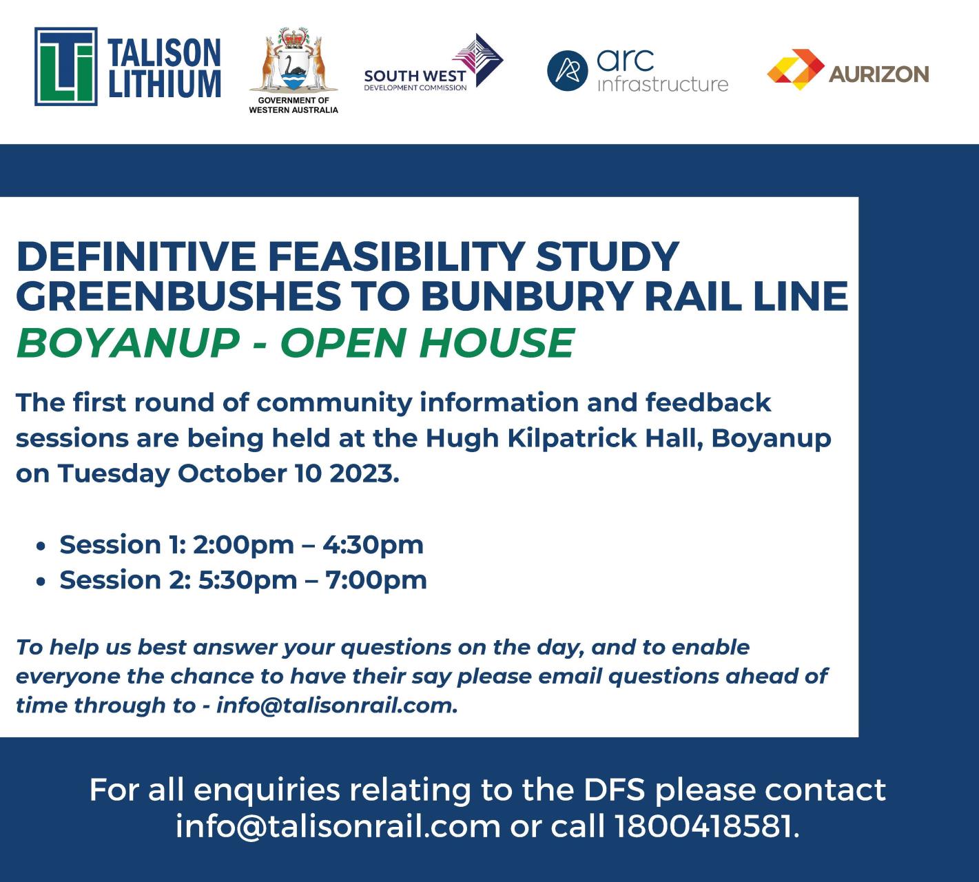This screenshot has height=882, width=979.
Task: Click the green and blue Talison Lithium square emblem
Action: [x=66, y=67]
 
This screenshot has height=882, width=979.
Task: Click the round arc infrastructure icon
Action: [x=567, y=71]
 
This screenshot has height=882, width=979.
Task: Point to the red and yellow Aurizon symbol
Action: [x=796, y=69]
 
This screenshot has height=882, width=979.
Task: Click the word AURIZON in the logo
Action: [x=878, y=74]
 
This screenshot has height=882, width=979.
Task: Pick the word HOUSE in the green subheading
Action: [x=496, y=342]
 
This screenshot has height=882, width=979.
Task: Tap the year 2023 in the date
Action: [x=363, y=474]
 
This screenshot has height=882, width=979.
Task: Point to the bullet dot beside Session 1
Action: [x=41, y=546]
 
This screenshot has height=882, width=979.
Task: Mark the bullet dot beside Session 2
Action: [x=41, y=581]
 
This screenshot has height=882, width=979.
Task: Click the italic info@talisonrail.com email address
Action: [x=336, y=706]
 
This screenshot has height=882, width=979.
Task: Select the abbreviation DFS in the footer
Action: [x=614, y=790]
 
